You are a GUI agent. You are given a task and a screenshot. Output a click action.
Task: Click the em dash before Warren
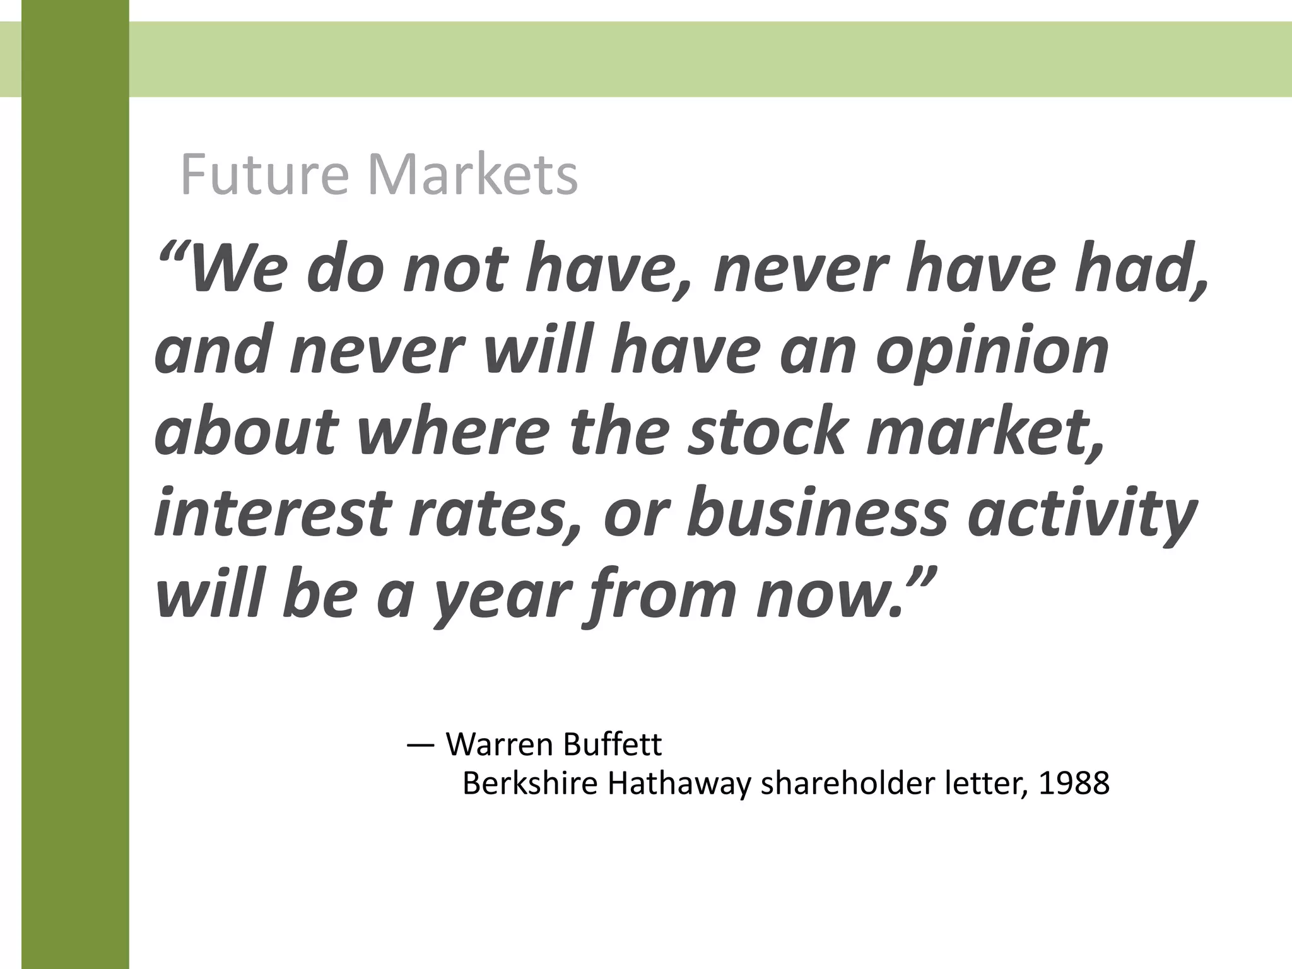[421, 745]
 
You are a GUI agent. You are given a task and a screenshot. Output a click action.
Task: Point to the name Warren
[498, 745]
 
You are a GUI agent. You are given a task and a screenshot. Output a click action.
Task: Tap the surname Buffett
[613, 745]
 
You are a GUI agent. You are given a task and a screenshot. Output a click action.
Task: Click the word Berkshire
[530, 784]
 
